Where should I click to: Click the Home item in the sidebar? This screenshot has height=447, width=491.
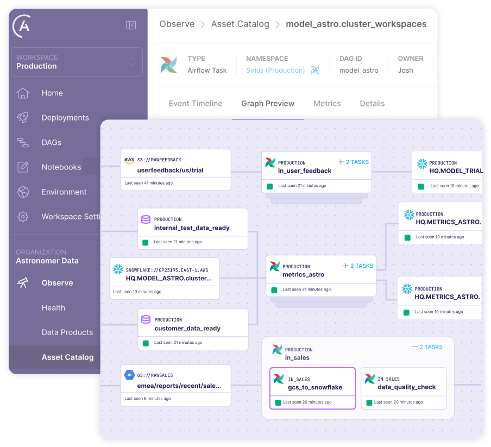pos(52,93)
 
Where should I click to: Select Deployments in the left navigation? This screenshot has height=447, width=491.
pos(65,118)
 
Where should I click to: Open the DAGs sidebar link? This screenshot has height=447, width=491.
pos(51,143)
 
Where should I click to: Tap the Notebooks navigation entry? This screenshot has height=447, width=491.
pos(61,167)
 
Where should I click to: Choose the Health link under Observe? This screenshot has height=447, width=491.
pos(53,308)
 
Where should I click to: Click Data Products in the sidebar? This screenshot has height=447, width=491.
pos(67,332)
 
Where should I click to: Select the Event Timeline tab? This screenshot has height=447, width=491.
pos(195,104)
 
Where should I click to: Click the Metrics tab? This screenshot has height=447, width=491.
pos(327,104)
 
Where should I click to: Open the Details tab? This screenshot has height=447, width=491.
pos(372,104)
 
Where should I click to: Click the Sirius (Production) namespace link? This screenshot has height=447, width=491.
pos(275,71)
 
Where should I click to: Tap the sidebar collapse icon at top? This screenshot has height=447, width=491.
pos(131,25)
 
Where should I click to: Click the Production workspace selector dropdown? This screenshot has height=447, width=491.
pos(77,62)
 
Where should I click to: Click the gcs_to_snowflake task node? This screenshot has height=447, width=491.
pos(312,388)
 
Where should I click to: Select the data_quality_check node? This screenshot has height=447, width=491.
pos(404,388)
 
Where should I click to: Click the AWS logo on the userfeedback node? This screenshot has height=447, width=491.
pos(129,160)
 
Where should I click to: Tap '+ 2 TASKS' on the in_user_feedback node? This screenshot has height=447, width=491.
pos(353,162)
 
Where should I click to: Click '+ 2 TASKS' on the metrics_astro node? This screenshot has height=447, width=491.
pos(357,266)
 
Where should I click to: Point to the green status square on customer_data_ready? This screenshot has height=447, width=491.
pos(145,343)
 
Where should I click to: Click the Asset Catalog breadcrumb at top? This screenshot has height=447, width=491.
pos(240,24)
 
